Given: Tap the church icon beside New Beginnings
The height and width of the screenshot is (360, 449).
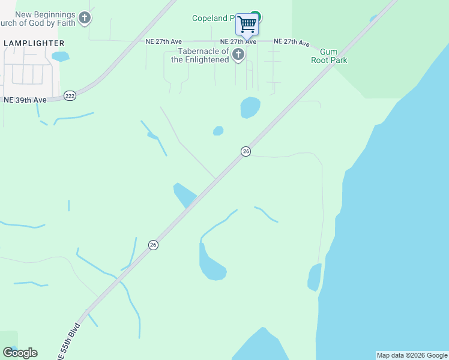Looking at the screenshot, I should point(85,17).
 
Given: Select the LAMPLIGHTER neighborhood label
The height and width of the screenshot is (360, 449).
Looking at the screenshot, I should point(34,43).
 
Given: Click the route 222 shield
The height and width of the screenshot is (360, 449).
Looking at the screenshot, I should point(70,96).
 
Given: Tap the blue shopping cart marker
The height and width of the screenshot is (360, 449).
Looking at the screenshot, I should point(247,25).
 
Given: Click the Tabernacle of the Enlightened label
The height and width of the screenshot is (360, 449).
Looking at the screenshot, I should point(200,56).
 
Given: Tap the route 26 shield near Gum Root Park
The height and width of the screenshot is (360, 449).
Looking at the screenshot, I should point(246,152).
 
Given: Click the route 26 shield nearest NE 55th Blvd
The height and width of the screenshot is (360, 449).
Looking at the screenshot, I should point(154,245).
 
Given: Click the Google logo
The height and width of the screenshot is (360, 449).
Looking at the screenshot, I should point(20,352).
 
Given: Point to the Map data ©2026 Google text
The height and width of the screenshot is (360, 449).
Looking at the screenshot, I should point(412,355).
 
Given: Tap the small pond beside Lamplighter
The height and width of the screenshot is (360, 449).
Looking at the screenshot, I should point(60,57).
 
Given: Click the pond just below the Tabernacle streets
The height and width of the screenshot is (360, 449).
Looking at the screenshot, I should point(250,107).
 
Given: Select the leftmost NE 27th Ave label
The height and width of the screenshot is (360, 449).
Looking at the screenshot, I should point(163,41).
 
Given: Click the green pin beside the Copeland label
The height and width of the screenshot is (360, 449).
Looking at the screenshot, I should point(256,16).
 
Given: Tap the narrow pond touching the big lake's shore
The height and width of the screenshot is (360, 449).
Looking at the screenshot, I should point(314,278).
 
